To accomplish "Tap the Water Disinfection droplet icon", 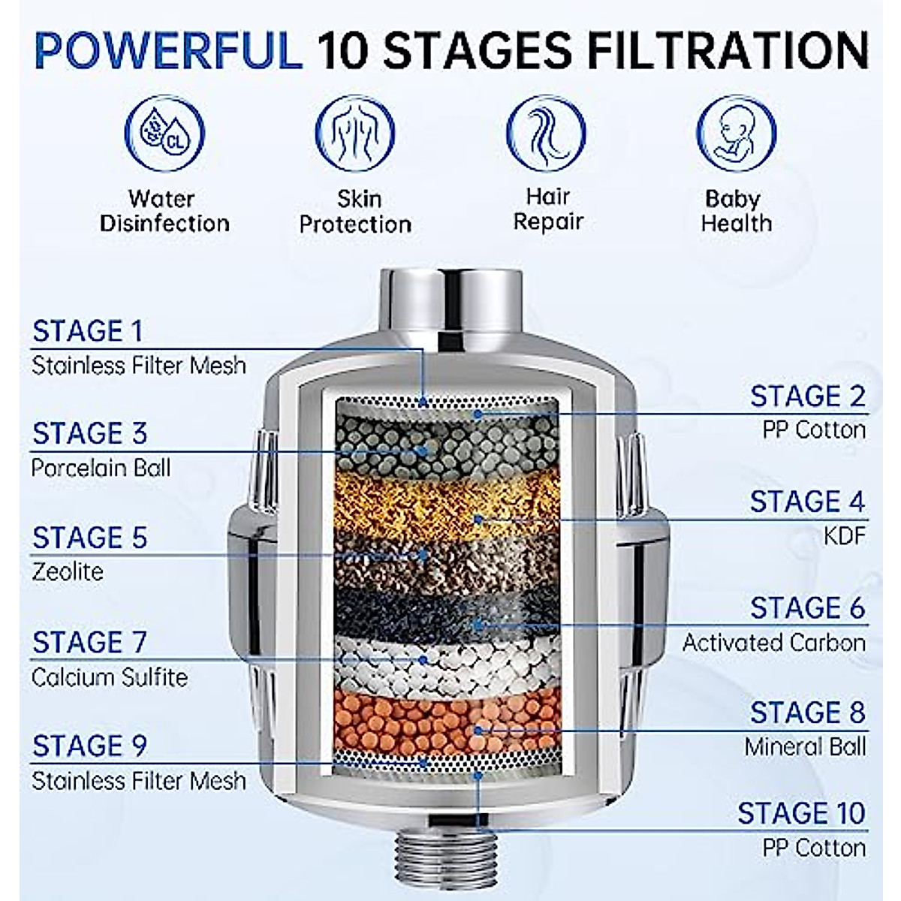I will [164, 134].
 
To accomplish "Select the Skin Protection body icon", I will [355, 134].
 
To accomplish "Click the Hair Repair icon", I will [547, 134].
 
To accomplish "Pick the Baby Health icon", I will [736, 134].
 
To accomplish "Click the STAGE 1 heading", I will [87, 331].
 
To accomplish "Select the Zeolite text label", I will [68, 572].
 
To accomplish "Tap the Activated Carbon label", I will [773, 643].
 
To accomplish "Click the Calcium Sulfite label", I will [110, 677].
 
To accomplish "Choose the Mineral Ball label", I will [805, 747].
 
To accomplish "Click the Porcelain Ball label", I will [101, 468].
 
